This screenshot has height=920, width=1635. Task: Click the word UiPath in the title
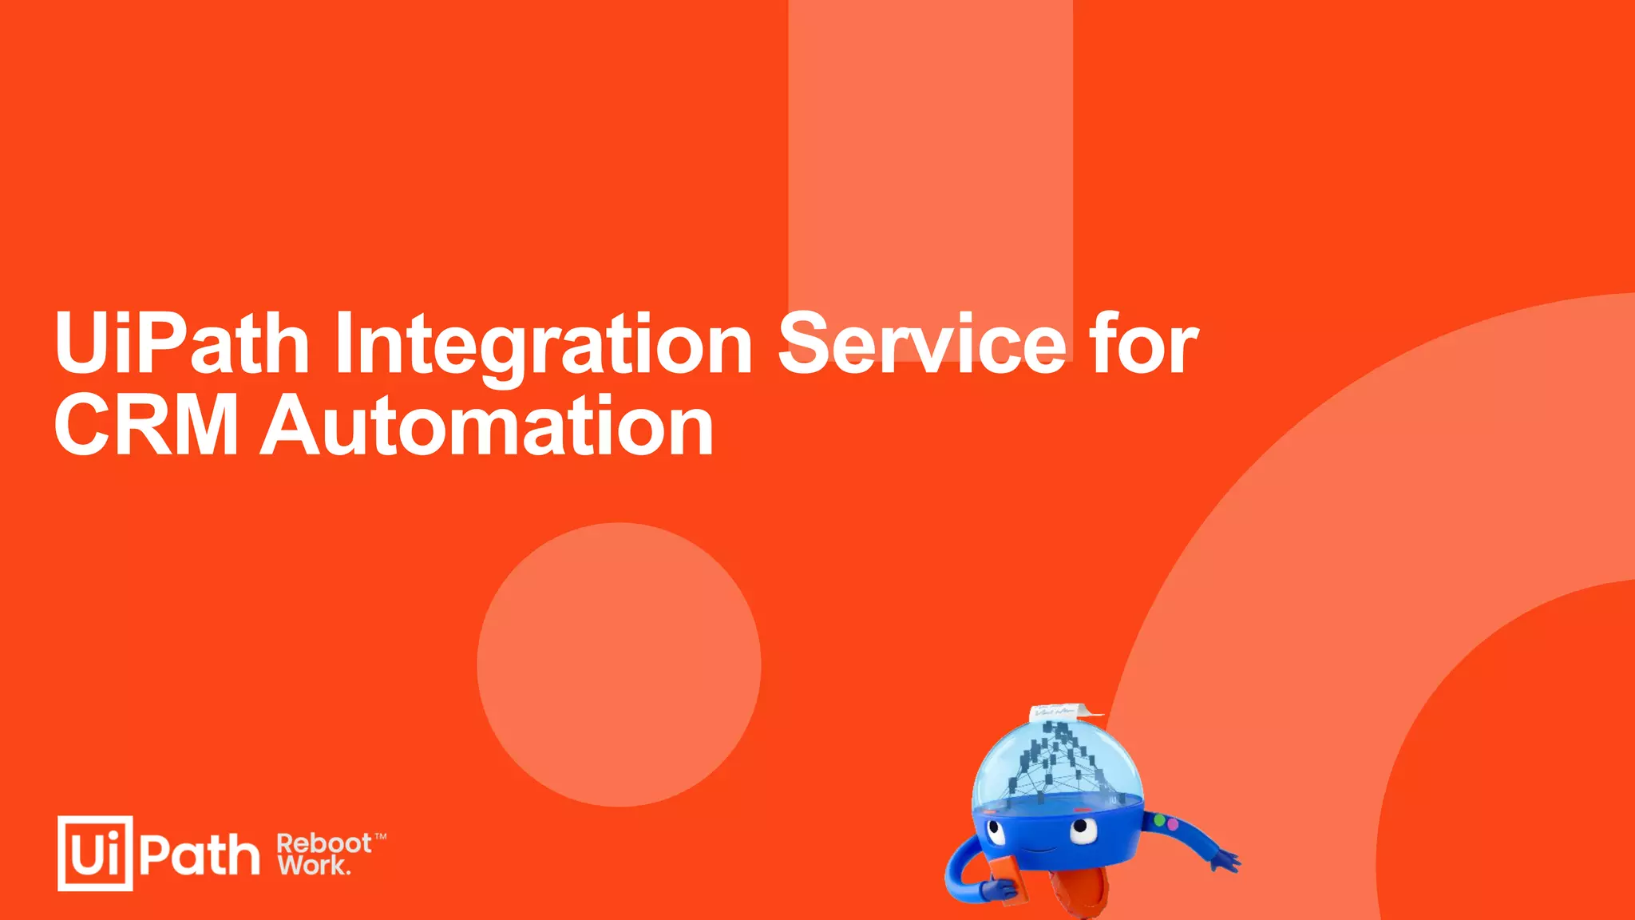tap(182, 343)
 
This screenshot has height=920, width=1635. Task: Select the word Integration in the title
tap(543, 345)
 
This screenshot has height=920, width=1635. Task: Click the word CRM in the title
tap(147, 426)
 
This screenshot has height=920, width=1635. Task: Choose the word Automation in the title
tap(487, 426)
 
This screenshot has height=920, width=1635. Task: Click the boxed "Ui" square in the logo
tap(95, 853)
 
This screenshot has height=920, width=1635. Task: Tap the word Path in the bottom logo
tap(200, 855)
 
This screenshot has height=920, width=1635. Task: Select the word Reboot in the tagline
tap(323, 843)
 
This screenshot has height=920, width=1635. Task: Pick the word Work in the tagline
tap(312, 865)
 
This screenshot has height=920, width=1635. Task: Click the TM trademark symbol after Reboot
tap(381, 837)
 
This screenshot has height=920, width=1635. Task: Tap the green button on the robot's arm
tap(1160, 820)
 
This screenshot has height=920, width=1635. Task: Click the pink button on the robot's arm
tap(1172, 823)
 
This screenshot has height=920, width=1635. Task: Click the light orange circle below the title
tap(619, 664)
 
